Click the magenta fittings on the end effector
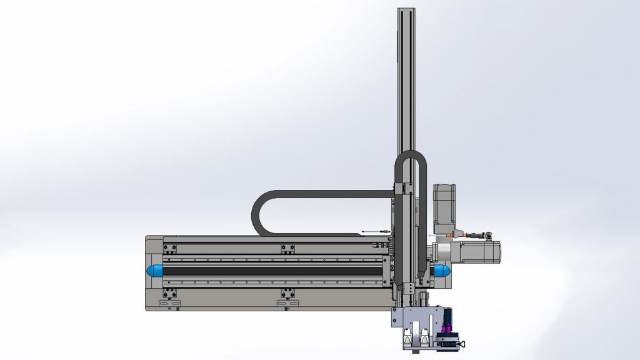[446, 329]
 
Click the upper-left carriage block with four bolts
[169, 248]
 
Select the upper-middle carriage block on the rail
[287, 248]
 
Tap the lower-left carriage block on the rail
[169, 292]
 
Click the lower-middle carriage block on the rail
[287, 292]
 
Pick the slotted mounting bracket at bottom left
[169, 303]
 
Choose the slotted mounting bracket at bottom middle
[287, 303]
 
